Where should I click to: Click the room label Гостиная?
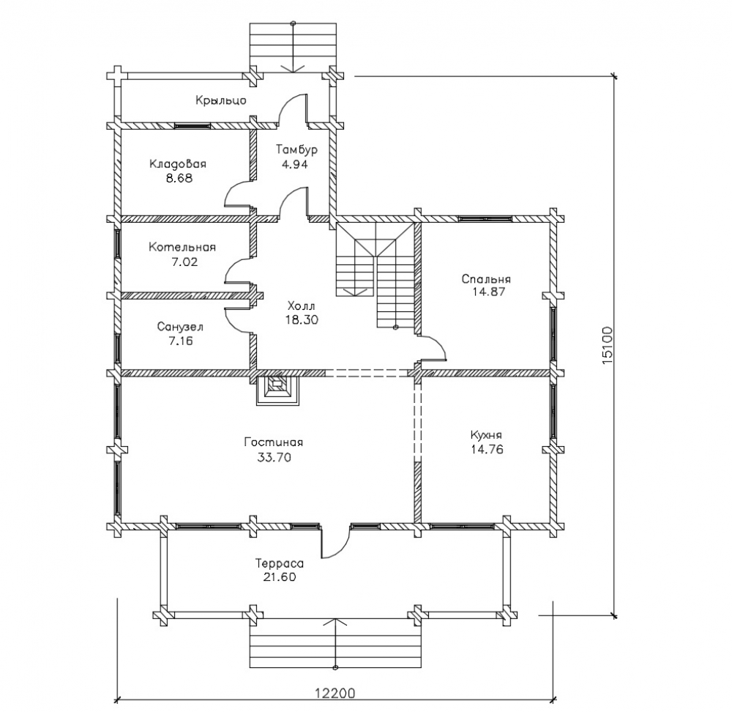[x=273, y=442]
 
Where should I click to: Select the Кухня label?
[x=486, y=434]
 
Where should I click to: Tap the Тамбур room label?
[x=296, y=149]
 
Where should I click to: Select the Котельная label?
[x=182, y=247]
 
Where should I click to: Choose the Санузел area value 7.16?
[x=179, y=341]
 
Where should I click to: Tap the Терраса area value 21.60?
[x=279, y=577]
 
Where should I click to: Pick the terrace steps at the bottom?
[x=336, y=645]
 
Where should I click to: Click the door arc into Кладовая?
[x=238, y=194]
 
